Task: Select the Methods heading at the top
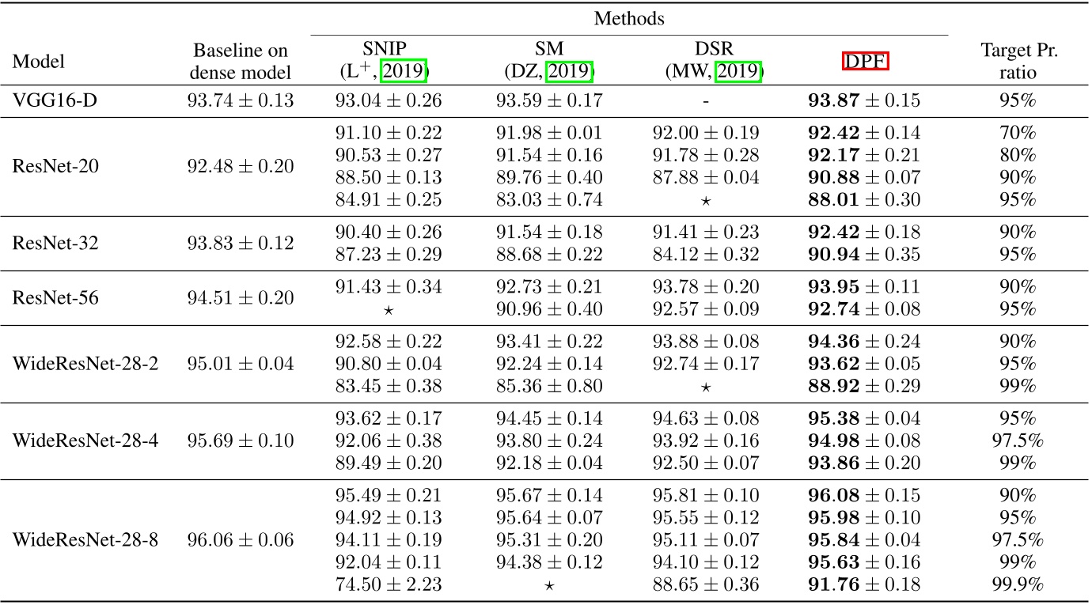629,16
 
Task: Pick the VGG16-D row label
48,100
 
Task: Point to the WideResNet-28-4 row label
85,440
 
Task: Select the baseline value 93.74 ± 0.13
243,100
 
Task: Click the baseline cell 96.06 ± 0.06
243,541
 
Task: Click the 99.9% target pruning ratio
1019,586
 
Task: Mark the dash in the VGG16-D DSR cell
705,101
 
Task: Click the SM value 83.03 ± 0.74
550,200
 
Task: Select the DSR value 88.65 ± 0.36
705,586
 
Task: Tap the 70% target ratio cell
1019,133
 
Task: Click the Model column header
39,62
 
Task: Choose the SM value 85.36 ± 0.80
550,387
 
